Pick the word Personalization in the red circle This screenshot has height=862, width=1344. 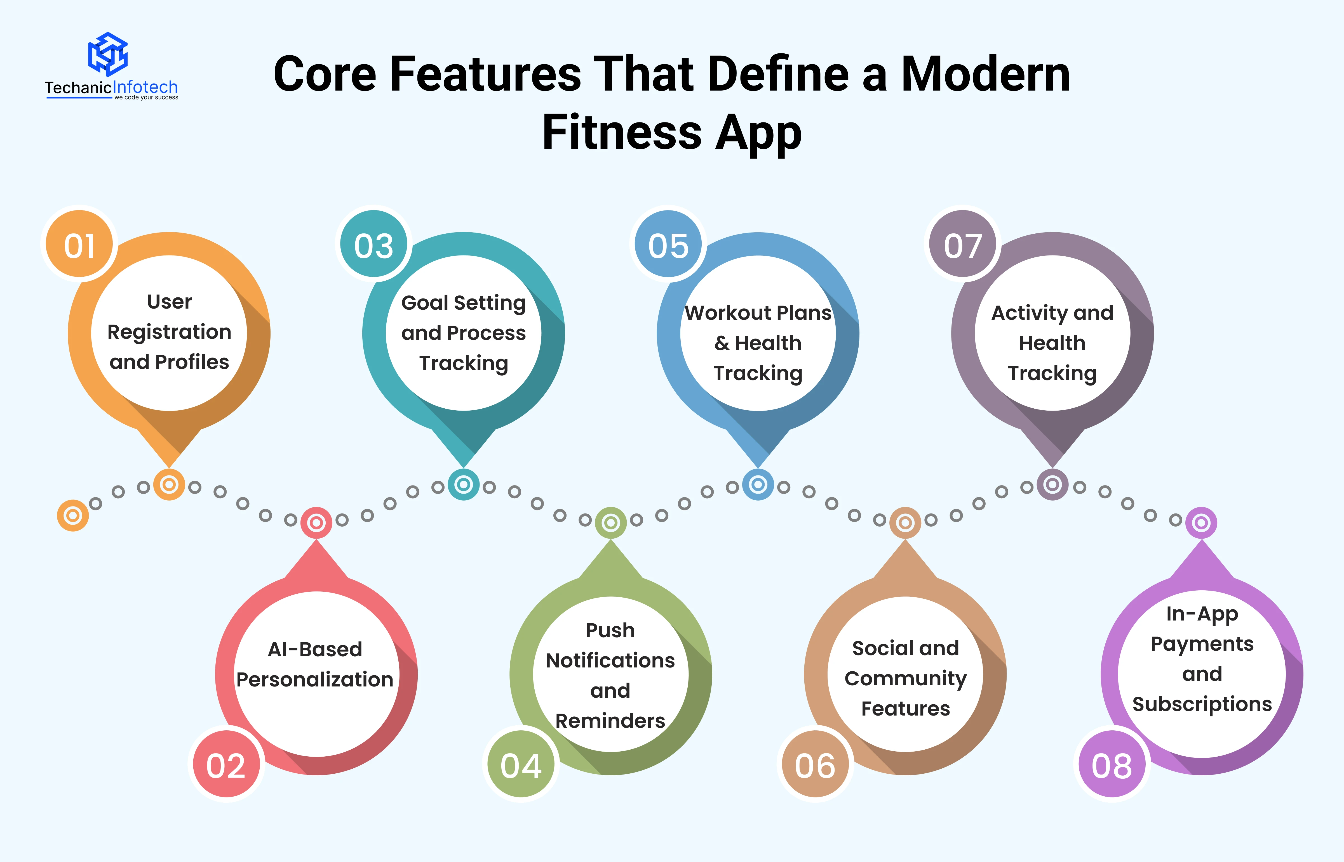click(315, 679)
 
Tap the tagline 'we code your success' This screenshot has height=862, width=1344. click(146, 97)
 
